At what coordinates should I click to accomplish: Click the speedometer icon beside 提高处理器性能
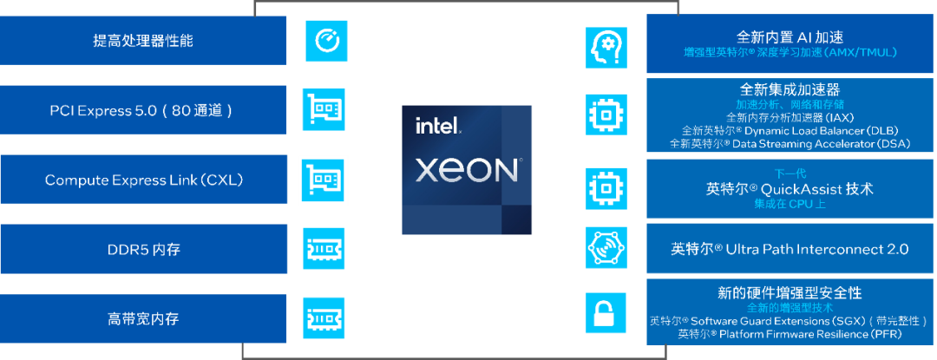(326, 41)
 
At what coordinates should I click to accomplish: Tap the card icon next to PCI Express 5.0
(324, 109)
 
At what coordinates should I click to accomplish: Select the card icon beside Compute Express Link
(324, 180)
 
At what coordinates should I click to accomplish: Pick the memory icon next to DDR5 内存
(324, 249)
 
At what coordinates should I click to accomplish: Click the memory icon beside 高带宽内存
(324, 318)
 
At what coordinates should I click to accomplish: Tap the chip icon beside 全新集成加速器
(606, 114)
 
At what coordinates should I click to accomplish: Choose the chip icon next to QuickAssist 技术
(606, 187)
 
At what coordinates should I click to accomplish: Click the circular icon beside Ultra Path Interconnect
(606, 247)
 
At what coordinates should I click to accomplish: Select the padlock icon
(606, 312)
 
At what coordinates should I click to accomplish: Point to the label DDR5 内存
(143, 250)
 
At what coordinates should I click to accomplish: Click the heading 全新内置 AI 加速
(790, 37)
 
